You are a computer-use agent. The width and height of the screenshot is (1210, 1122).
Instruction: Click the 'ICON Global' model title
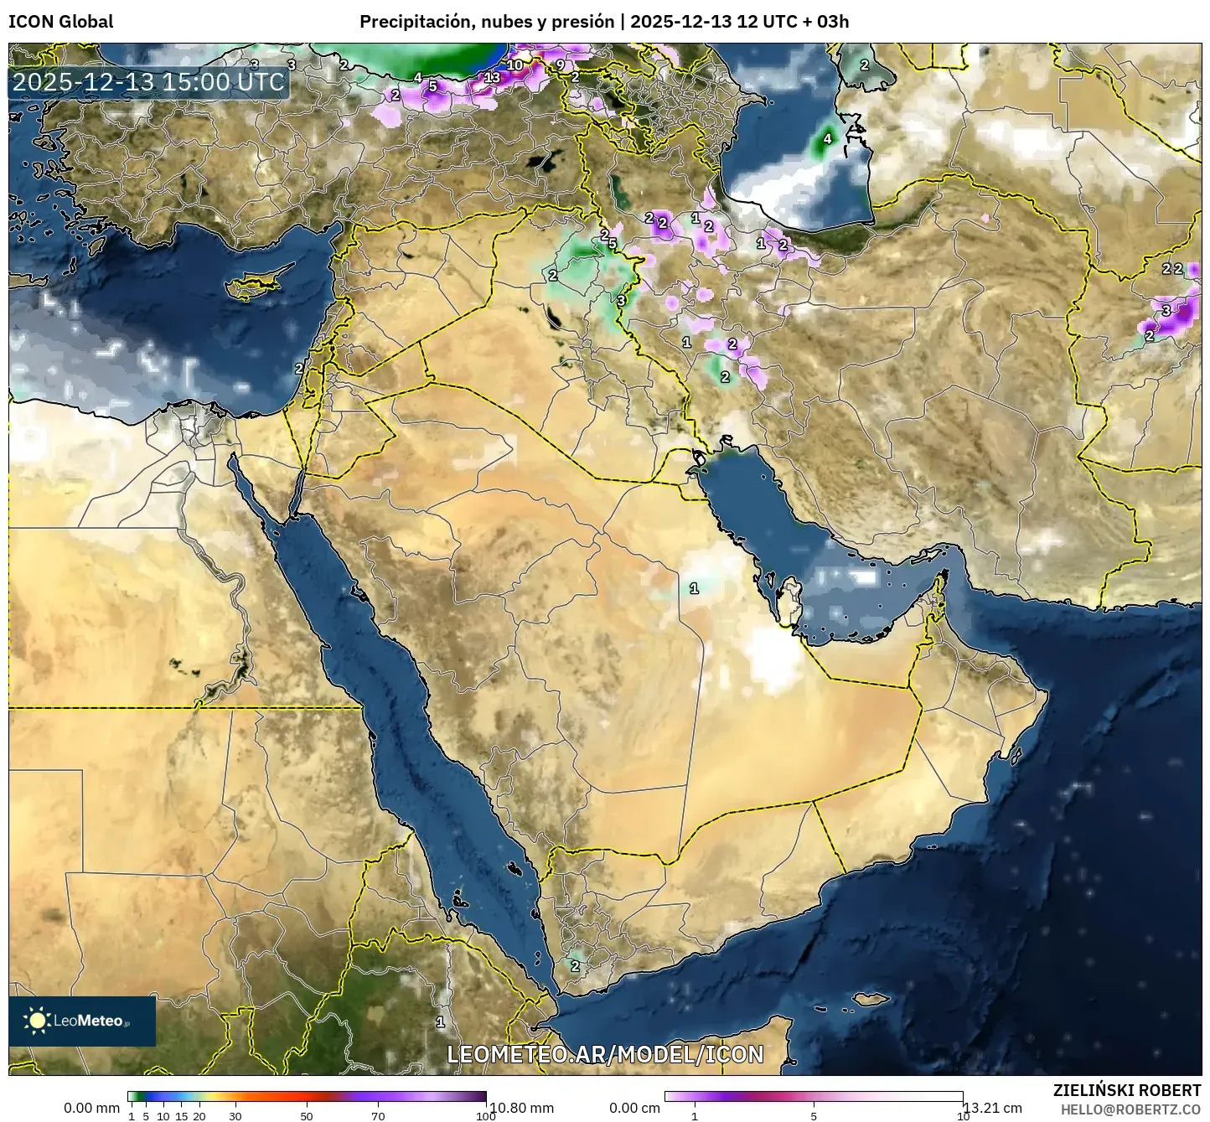60,22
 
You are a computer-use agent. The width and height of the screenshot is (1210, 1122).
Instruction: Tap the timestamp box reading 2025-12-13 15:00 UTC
148,82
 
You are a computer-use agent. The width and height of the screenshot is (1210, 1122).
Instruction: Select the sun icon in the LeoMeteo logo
37,1020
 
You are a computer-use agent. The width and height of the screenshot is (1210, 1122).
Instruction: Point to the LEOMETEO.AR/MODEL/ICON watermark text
605,1054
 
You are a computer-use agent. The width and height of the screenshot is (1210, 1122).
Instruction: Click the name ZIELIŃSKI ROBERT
1126,1090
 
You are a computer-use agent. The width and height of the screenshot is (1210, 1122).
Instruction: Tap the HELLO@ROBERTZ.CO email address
1130,1109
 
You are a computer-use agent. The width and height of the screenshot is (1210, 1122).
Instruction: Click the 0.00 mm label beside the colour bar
91,1108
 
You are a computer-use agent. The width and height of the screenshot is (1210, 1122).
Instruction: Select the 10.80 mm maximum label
521,1108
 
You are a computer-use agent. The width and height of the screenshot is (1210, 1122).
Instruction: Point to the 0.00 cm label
634,1108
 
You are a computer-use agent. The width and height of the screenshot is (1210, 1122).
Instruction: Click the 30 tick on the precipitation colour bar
235,1116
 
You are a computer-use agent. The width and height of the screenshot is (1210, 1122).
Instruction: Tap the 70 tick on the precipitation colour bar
378,1116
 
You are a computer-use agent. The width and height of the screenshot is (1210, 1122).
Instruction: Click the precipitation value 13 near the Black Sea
493,78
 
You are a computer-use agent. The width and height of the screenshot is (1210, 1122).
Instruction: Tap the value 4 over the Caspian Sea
827,139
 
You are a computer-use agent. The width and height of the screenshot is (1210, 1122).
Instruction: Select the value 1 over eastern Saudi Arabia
694,588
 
